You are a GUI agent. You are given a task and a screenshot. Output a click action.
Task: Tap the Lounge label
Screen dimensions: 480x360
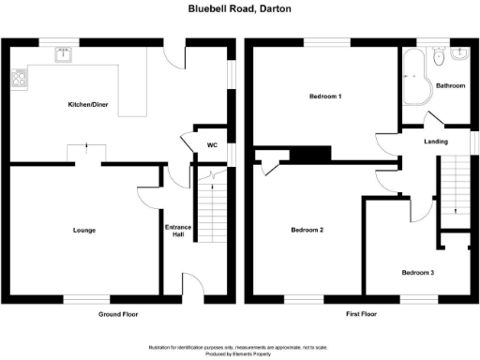[84, 230]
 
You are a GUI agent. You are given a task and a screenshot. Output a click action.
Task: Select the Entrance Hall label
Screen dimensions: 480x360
[178, 230]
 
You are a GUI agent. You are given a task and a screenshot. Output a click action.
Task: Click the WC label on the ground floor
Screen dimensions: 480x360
[212, 145]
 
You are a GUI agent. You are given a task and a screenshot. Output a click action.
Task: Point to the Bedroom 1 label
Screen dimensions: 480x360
[325, 97]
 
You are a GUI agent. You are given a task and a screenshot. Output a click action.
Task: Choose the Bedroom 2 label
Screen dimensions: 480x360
[307, 230]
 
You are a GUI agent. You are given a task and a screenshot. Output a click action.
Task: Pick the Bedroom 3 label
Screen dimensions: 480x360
[418, 273]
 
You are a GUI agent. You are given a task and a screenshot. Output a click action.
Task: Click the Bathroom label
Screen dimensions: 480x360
[450, 85]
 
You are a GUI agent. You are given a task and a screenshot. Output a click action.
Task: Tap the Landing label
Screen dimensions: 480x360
[436, 142]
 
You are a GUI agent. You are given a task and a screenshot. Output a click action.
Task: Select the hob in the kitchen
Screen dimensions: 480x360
[16, 81]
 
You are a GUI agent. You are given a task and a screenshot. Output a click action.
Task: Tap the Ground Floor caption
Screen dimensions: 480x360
[118, 314]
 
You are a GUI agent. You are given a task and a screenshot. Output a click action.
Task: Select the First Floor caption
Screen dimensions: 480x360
[360, 314]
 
